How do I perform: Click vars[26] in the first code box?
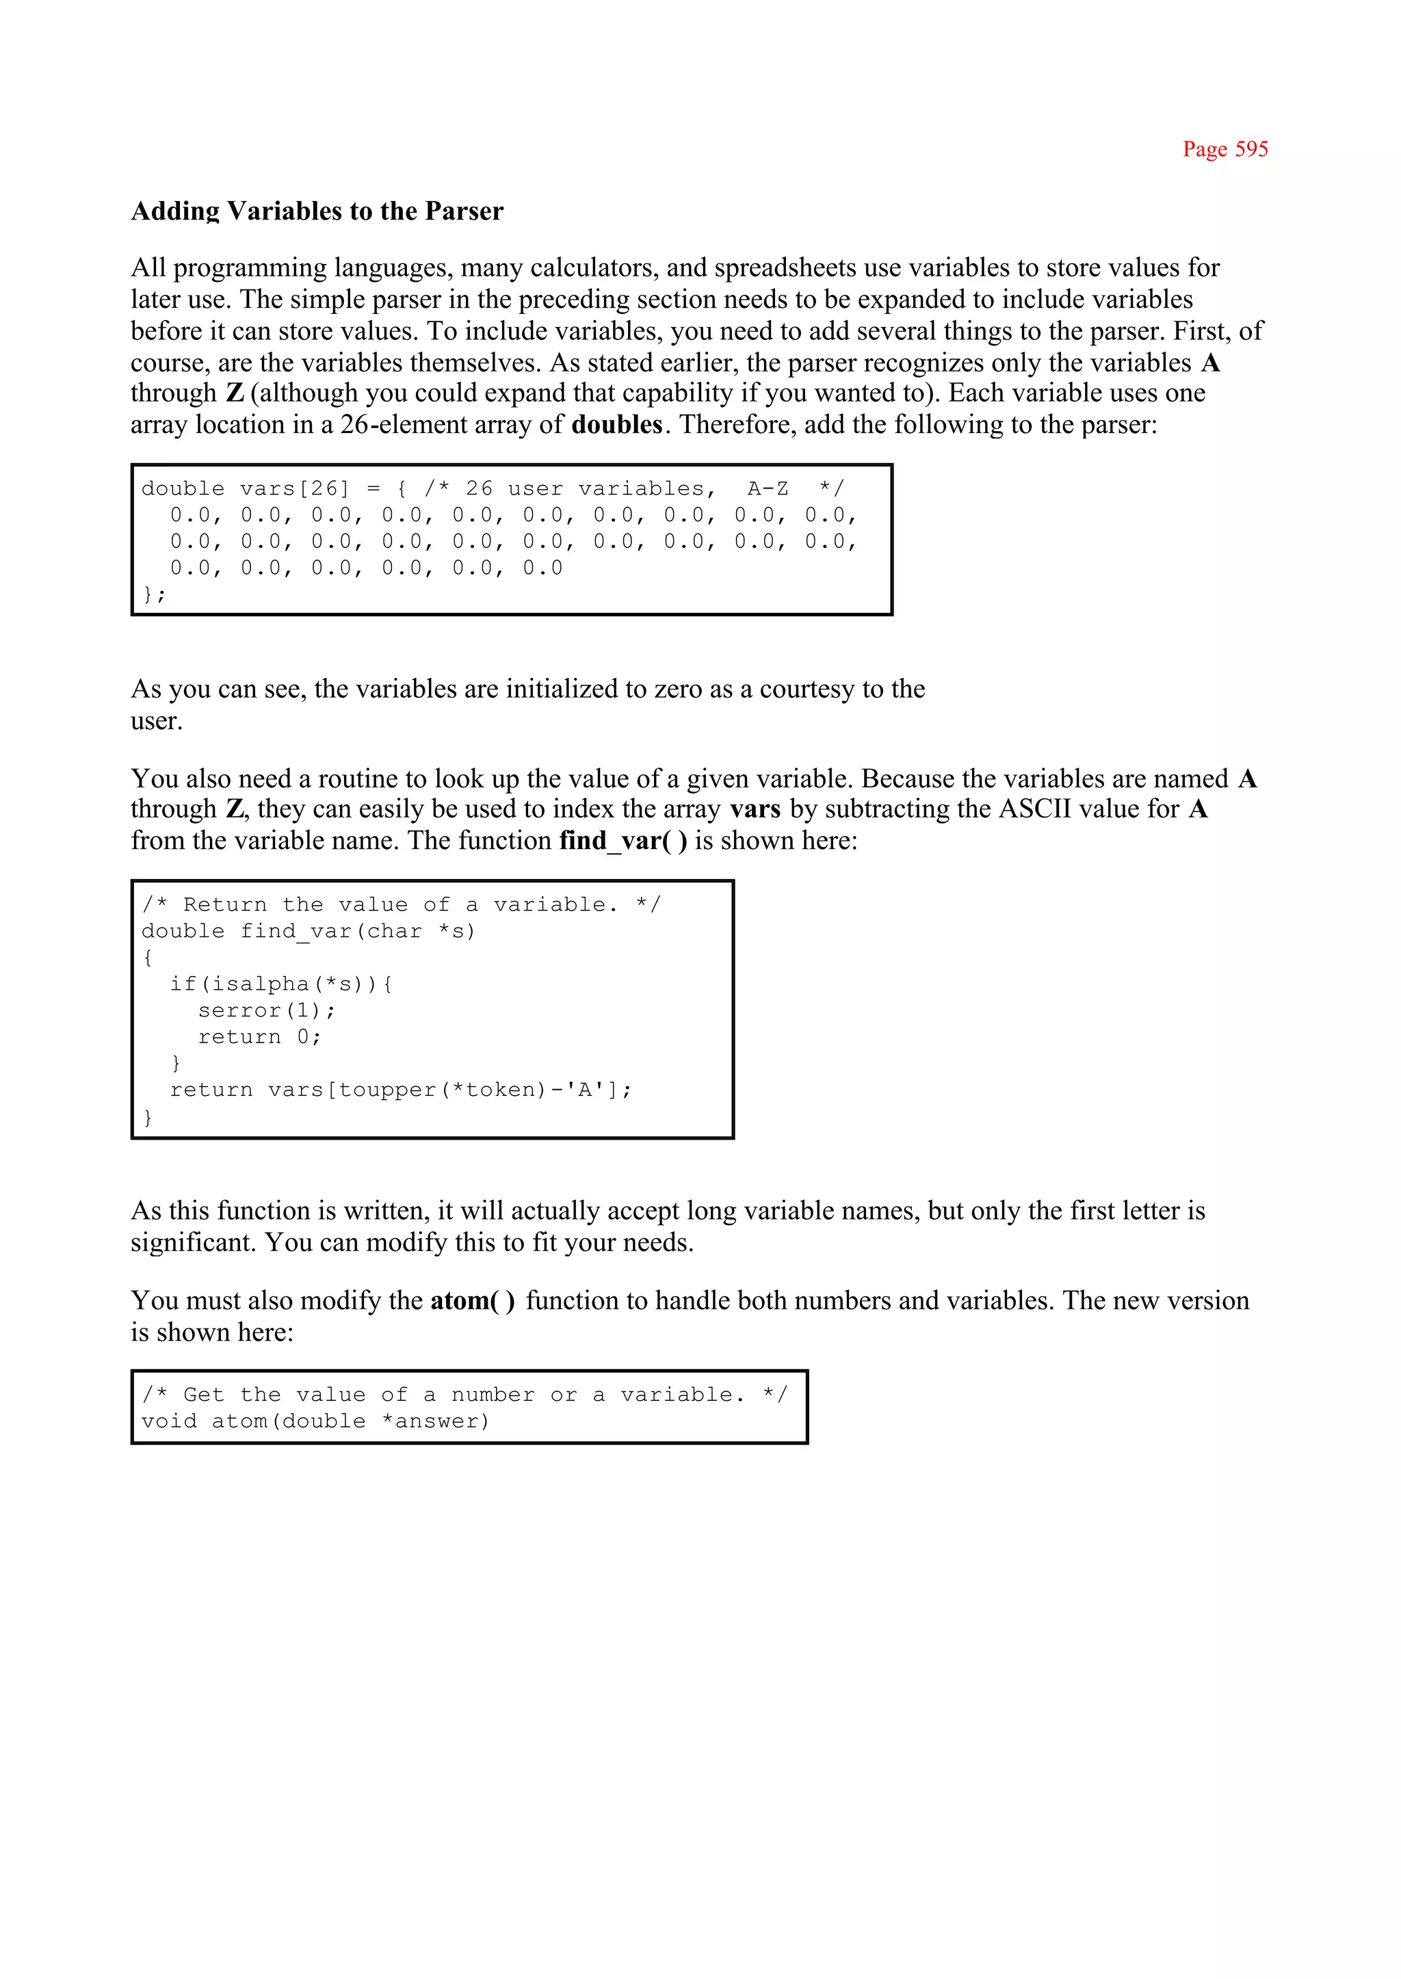294,489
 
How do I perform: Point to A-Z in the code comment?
767,489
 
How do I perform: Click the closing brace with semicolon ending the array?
153,594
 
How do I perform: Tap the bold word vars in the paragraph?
755,809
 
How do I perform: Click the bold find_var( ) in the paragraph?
623,840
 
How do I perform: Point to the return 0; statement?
259,1037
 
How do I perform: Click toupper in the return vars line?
387,1090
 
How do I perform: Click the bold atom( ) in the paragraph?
472,1301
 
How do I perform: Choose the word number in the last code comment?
492,1395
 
